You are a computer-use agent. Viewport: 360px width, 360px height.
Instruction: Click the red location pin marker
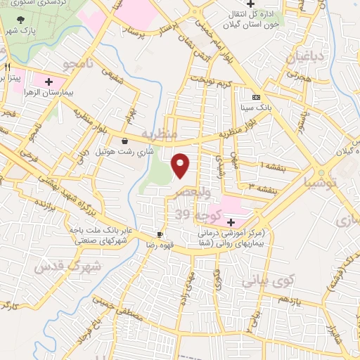point(181,165)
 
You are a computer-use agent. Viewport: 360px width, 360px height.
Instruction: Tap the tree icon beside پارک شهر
point(25,20)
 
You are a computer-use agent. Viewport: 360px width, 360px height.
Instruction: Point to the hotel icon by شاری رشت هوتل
point(124,140)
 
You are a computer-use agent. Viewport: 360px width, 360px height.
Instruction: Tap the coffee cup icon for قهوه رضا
point(160,234)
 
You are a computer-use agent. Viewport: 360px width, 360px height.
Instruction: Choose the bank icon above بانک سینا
point(255,97)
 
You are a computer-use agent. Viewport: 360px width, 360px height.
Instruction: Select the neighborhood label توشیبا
point(321,183)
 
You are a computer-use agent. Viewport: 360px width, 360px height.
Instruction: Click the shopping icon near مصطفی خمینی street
point(124,318)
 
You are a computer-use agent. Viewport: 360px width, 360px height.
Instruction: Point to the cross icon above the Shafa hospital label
point(231,221)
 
